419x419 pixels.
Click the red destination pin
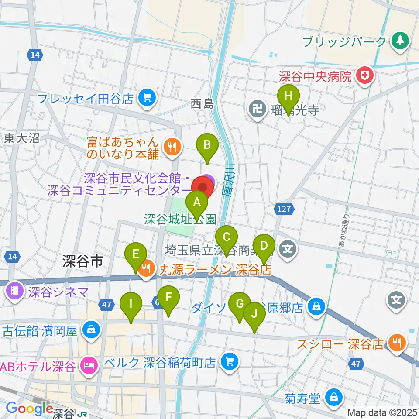(203, 187)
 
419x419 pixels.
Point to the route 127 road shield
(284, 209)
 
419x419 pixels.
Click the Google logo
(30, 409)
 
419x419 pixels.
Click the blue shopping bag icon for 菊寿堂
(333, 398)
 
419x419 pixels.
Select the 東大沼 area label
(22, 139)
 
